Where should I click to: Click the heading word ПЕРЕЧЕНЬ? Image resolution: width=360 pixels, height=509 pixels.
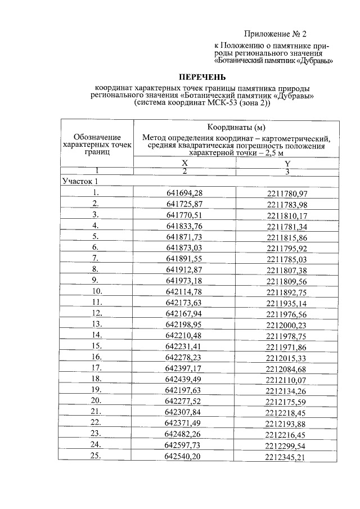click(202, 76)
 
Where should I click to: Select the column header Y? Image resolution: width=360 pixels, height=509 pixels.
click(287, 163)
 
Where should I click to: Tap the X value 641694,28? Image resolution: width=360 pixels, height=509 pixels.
click(184, 193)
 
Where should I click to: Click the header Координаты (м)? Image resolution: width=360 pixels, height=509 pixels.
click(236, 126)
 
